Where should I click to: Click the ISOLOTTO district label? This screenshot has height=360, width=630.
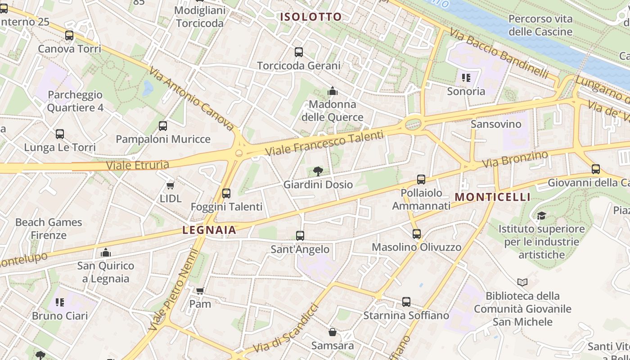click(x=311, y=17)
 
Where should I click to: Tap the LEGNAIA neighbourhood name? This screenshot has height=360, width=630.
click(x=209, y=230)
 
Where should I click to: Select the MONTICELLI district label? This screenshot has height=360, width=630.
click(x=493, y=197)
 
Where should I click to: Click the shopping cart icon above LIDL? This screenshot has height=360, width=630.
click(x=170, y=185)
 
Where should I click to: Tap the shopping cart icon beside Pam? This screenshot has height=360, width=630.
click(x=200, y=291)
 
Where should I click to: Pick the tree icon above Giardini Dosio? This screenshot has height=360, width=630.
click(x=318, y=171)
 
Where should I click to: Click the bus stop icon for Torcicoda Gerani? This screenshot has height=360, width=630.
click(x=299, y=52)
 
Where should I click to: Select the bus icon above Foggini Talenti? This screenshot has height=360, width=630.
click(x=226, y=193)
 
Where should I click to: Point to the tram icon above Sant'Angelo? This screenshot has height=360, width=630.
click(x=300, y=236)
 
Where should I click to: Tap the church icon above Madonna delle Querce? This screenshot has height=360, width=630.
click(x=333, y=91)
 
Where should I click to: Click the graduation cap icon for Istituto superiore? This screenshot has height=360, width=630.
click(x=541, y=216)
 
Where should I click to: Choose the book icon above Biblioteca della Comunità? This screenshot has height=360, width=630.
click(x=522, y=283)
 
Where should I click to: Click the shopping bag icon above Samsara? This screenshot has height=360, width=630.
click(x=333, y=333)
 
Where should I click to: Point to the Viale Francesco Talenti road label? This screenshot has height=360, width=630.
click(x=324, y=143)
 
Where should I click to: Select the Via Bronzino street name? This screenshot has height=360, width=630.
click(x=515, y=159)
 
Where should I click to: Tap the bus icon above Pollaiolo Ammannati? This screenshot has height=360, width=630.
click(x=421, y=180)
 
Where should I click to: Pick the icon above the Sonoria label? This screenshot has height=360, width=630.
click(x=466, y=78)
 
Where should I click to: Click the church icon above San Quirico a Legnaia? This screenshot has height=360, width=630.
click(x=106, y=252)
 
